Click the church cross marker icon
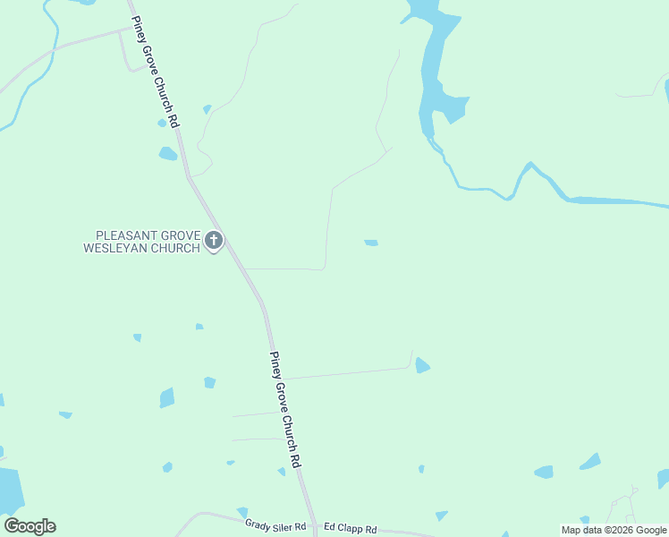pyautogui.click(x=213, y=240)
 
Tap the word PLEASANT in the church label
pyautogui.click(x=116, y=234)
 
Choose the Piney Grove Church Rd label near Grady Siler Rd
pyautogui.click(x=284, y=408)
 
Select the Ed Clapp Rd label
pyautogui.click(x=351, y=529)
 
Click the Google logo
pyautogui.click(x=30, y=526)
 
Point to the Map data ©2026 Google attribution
pyautogui.click(x=614, y=530)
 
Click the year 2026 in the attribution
pyautogui.click(x=622, y=530)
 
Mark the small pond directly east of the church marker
pyautogui.click(x=371, y=243)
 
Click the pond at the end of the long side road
pyautogui.click(x=422, y=365)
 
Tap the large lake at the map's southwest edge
pyautogui.click(x=9, y=490)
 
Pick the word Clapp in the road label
pyautogui.click(x=351, y=529)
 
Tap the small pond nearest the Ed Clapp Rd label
pyautogui.click(x=441, y=516)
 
